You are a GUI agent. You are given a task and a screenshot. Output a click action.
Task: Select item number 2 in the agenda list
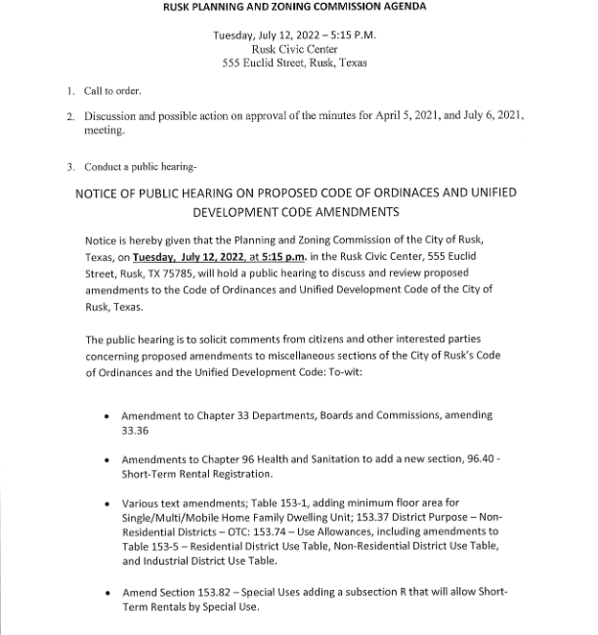(71, 115)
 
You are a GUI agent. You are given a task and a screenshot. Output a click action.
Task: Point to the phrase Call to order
(112, 91)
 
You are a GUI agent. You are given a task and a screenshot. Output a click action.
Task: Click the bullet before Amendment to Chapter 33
(106, 416)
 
